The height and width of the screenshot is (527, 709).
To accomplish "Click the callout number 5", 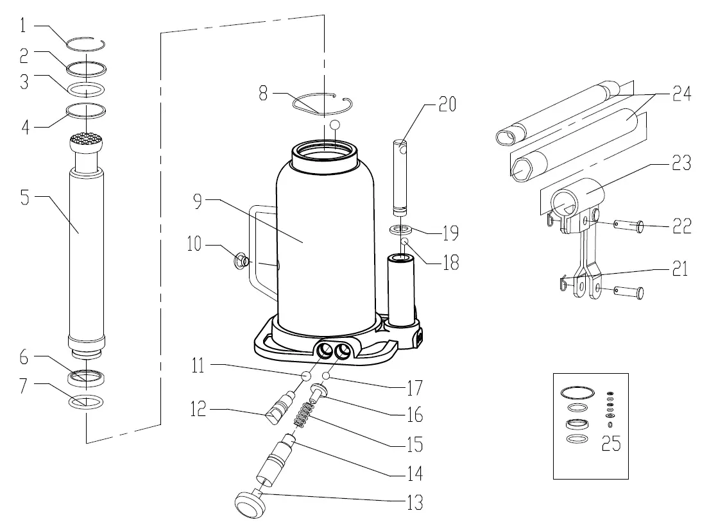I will (x=24, y=197).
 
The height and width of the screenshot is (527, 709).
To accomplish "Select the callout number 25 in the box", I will (x=611, y=443).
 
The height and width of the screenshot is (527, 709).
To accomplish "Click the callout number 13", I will (x=415, y=503).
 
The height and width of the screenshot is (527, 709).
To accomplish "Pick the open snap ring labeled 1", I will (x=86, y=44).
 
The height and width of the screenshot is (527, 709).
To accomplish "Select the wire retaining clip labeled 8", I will (x=321, y=103).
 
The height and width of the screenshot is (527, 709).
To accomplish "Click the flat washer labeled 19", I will (x=400, y=228).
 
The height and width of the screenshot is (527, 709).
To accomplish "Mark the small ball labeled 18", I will (x=406, y=242).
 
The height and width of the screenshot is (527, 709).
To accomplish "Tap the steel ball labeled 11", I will (x=306, y=375).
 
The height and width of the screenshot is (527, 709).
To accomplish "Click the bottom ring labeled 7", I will (x=85, y=403).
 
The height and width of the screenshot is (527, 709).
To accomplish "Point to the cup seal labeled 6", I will (x=85, y=378).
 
